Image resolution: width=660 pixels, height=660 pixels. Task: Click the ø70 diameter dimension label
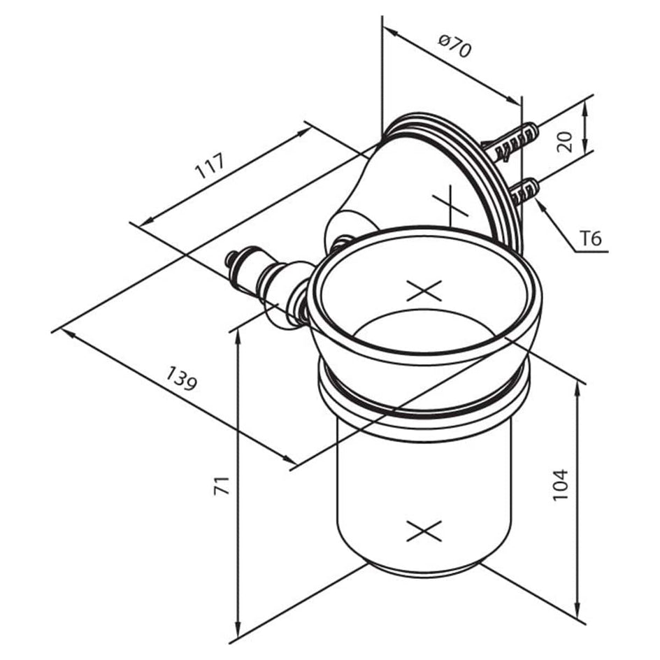tap(454, 45)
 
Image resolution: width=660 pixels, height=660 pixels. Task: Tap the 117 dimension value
tap(211, 166)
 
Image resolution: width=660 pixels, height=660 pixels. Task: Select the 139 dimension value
tap(181, 378)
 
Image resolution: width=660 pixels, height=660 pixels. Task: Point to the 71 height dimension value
tap(222, 485)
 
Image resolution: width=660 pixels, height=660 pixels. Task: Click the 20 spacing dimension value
tap(564, 141)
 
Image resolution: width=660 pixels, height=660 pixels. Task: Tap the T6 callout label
tap(591, 239)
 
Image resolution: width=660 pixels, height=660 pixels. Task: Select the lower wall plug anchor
tap(525, 191)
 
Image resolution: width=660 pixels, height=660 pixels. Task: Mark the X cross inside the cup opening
tap(424, 291)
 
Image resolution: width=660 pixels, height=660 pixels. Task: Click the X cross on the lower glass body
tap(424, 531)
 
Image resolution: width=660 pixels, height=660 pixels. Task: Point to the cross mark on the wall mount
tap(450, 205)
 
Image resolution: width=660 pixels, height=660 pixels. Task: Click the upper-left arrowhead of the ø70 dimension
tap(391, 32)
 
